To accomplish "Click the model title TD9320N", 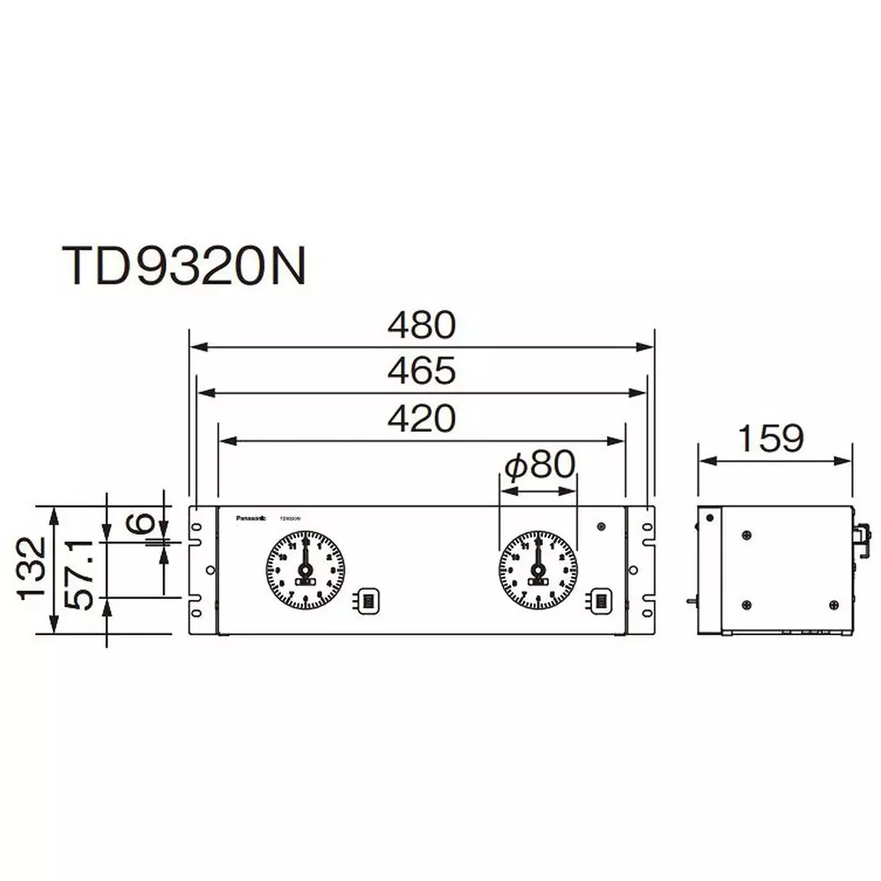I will pos(183,264).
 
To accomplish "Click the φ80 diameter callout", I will pos(538,463).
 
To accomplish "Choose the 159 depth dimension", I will pos(772,438).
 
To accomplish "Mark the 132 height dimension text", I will pos(33,569).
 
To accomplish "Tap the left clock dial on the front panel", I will pos(305,571).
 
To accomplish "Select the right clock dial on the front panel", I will pos(537,571).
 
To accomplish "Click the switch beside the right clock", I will pos(600,601).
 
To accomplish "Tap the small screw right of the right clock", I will pos(601,527).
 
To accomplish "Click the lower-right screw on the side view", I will pos(833,604).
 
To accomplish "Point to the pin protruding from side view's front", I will pos(691,602).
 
